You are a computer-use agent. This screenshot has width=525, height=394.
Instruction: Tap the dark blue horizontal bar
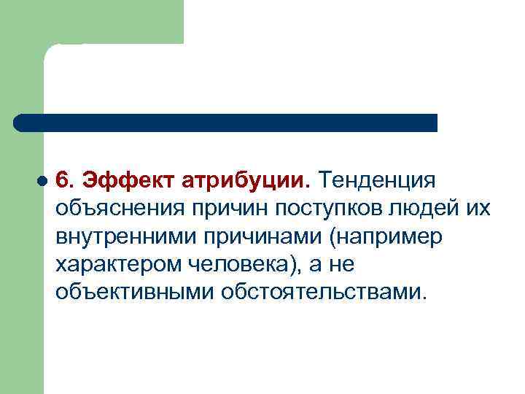click(x=226, y=123)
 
